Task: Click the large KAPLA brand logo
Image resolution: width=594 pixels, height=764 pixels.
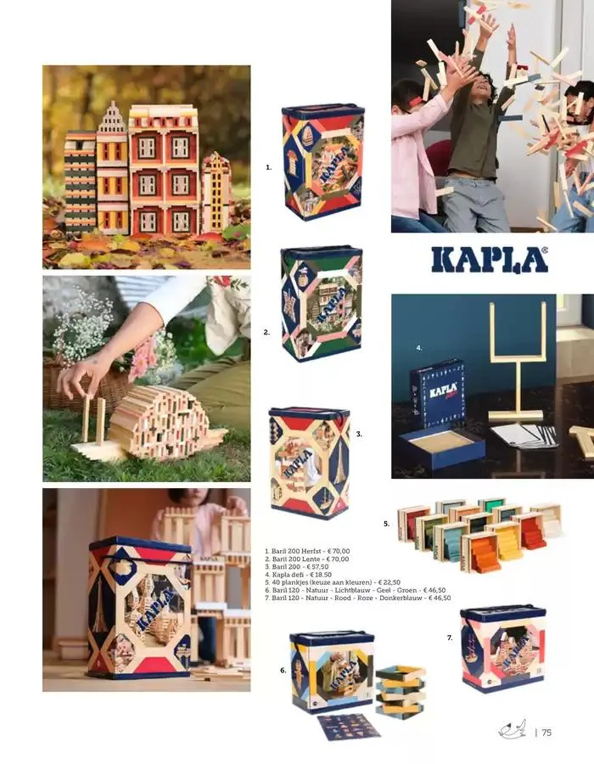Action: (489, 260)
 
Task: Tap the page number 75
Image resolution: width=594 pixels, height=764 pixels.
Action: (546, 733)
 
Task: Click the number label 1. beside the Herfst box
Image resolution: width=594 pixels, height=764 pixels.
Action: (268, 168)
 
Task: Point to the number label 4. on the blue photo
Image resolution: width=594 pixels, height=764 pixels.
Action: (419, 348)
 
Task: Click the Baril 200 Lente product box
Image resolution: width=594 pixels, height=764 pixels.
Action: (322, 302)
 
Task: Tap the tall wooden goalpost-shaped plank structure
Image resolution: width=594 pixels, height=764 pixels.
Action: (517, 361)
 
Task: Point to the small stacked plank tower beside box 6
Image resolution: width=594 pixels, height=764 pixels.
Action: (401, 689)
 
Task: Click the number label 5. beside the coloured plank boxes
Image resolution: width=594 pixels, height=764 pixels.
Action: (386, 524)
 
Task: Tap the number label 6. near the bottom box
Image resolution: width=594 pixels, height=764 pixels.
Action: (283, 671)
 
